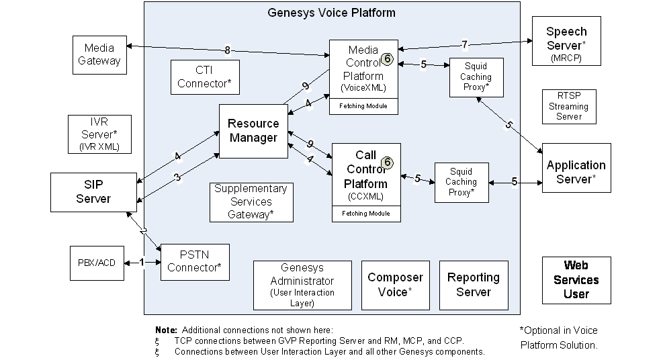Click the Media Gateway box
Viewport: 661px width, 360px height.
[x=99, y=54]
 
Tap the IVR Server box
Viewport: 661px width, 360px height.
[x=99, y=134]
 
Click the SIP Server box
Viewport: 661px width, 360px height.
[x=93, y=191]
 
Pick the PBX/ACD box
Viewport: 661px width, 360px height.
[x=97, y=262]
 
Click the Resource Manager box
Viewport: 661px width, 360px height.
[x=253, y=131]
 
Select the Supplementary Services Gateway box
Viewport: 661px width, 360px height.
[x=251, y=202]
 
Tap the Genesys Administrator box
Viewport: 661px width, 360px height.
[x=302, y=285]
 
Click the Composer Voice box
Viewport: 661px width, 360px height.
[x=395, y=285]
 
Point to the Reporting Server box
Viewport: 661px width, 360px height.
[x=474, y=285]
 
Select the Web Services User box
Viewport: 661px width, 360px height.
[x=576, y=279]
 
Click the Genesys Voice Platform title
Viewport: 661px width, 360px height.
[x=331, y=12]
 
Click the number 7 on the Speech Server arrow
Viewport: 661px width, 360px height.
[x=464, y=44]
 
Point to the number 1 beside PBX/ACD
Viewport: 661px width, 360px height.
[x=142, y=261]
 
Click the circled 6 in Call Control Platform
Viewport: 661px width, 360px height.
[x=386, y=163]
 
